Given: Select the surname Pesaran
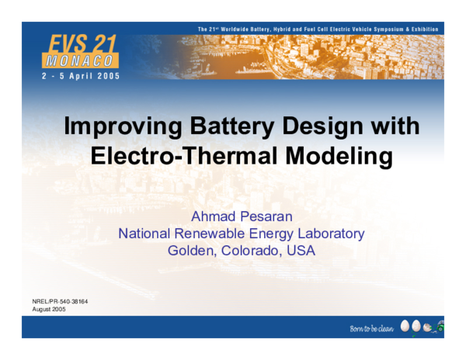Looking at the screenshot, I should point(265,215).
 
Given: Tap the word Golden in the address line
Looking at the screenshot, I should point(191,251).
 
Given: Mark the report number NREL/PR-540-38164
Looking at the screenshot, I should point(55,301).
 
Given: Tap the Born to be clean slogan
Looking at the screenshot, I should point(372,330).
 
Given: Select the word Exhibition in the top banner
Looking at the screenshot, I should point(424,29).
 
